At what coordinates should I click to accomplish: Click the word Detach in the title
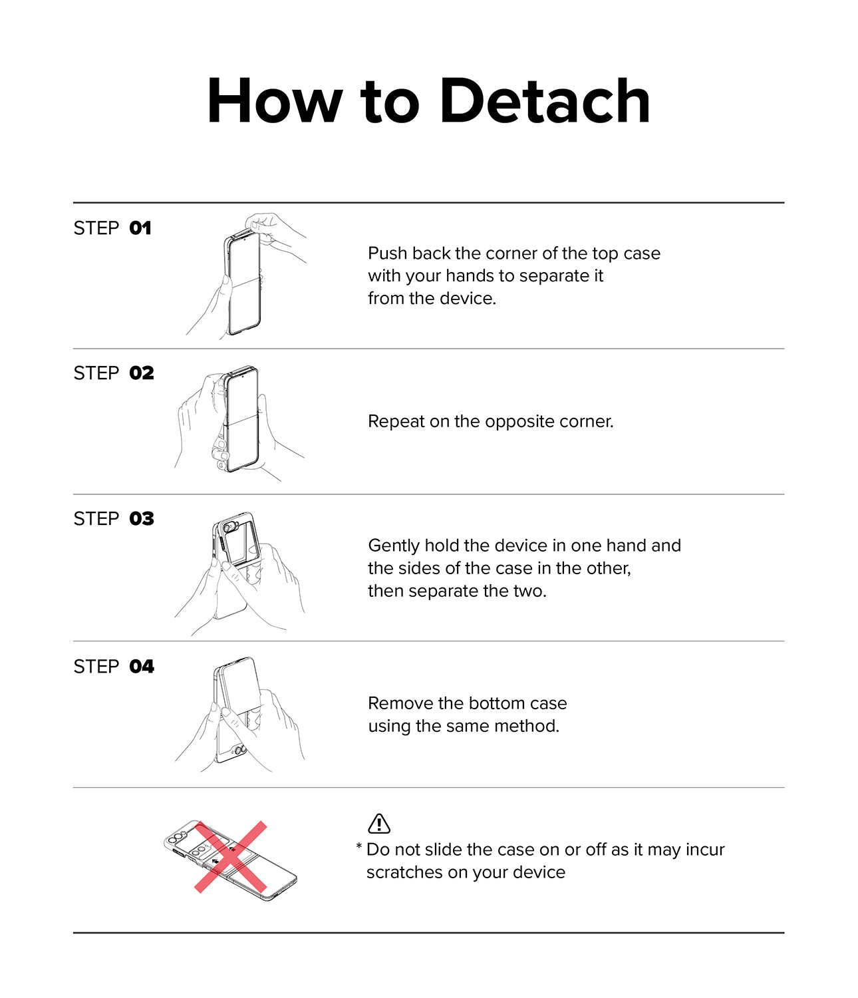[x=545, y=100]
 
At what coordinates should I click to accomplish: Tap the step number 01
[x=140, y=228]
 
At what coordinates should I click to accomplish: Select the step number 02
[x=142, y=373]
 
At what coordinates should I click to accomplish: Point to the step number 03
[x=142, y=518]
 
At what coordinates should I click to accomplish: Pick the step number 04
[x=142, y=666]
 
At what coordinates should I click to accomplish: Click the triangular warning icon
[x=379, y=823]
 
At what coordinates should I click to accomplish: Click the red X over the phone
[x=231, y=857]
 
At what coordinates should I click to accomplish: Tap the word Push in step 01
[x=388, y=253]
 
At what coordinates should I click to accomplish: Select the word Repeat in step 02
[x=396, y=422]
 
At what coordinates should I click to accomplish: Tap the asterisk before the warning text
[x=358, y=846]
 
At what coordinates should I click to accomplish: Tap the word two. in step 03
[x=530, y=591]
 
